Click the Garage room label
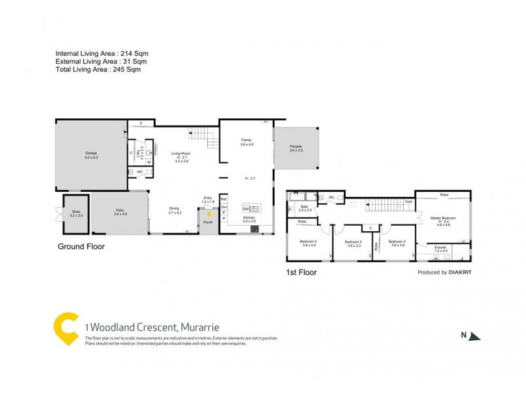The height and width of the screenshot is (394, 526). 90,152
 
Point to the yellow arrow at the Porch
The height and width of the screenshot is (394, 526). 209,213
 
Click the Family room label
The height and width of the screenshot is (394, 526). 247,140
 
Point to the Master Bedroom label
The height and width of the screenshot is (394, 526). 443,217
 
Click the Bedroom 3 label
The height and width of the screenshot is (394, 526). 354,240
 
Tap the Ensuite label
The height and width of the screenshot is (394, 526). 440,247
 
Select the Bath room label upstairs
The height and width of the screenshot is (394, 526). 304,206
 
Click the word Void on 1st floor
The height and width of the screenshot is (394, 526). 408,202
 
